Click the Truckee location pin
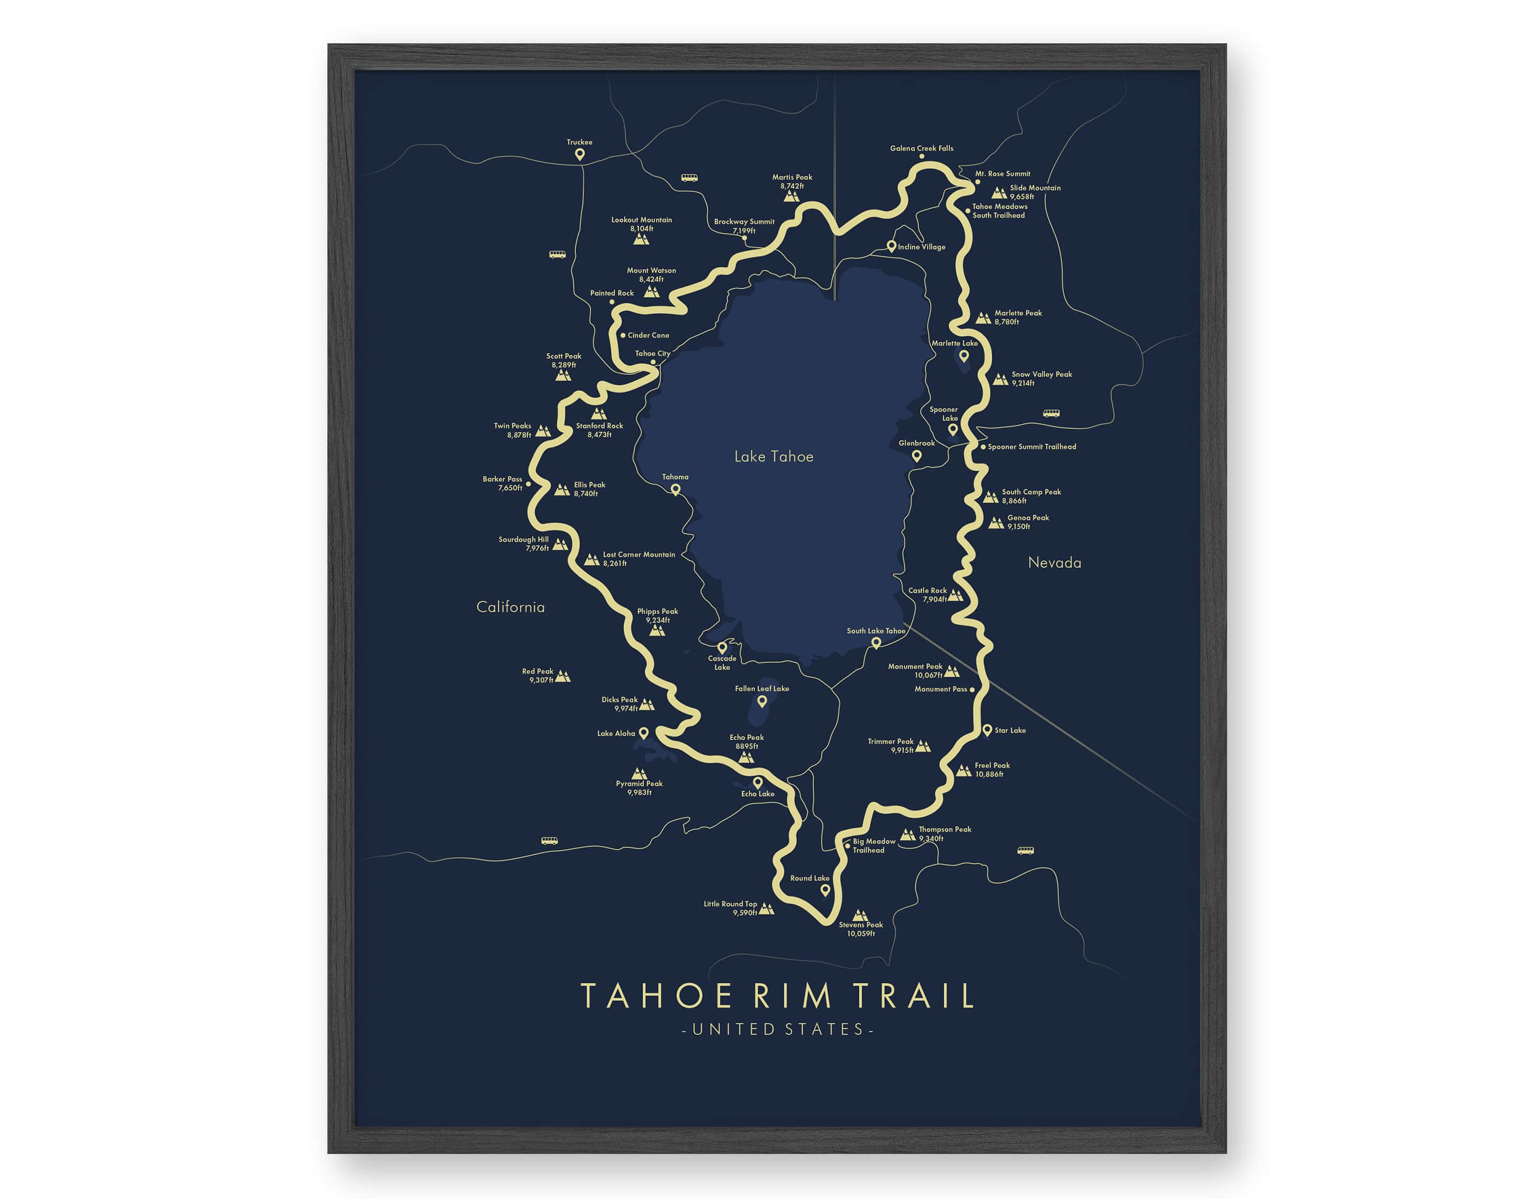pos(579,154)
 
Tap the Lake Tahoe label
pos(773,457)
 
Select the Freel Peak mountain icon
pos(964,770)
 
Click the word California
pos(511,607)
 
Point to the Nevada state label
pos(1054,562)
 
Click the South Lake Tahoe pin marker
pos(876,643)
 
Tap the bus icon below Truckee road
pos(689,178)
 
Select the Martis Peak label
pos(792,177)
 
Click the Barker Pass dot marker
pos(528,485)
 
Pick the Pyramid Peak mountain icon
pos(639,774)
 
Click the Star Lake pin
pos(987,730)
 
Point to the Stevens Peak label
pos(861,925)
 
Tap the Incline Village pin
pos(891,246)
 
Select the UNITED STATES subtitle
pos(778,1030)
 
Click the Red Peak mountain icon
pos(562,677)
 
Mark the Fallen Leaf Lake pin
pos(761,701)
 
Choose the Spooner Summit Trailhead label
pos(1031,447)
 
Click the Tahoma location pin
pos(675,489)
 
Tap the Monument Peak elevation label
pos(928,675)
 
